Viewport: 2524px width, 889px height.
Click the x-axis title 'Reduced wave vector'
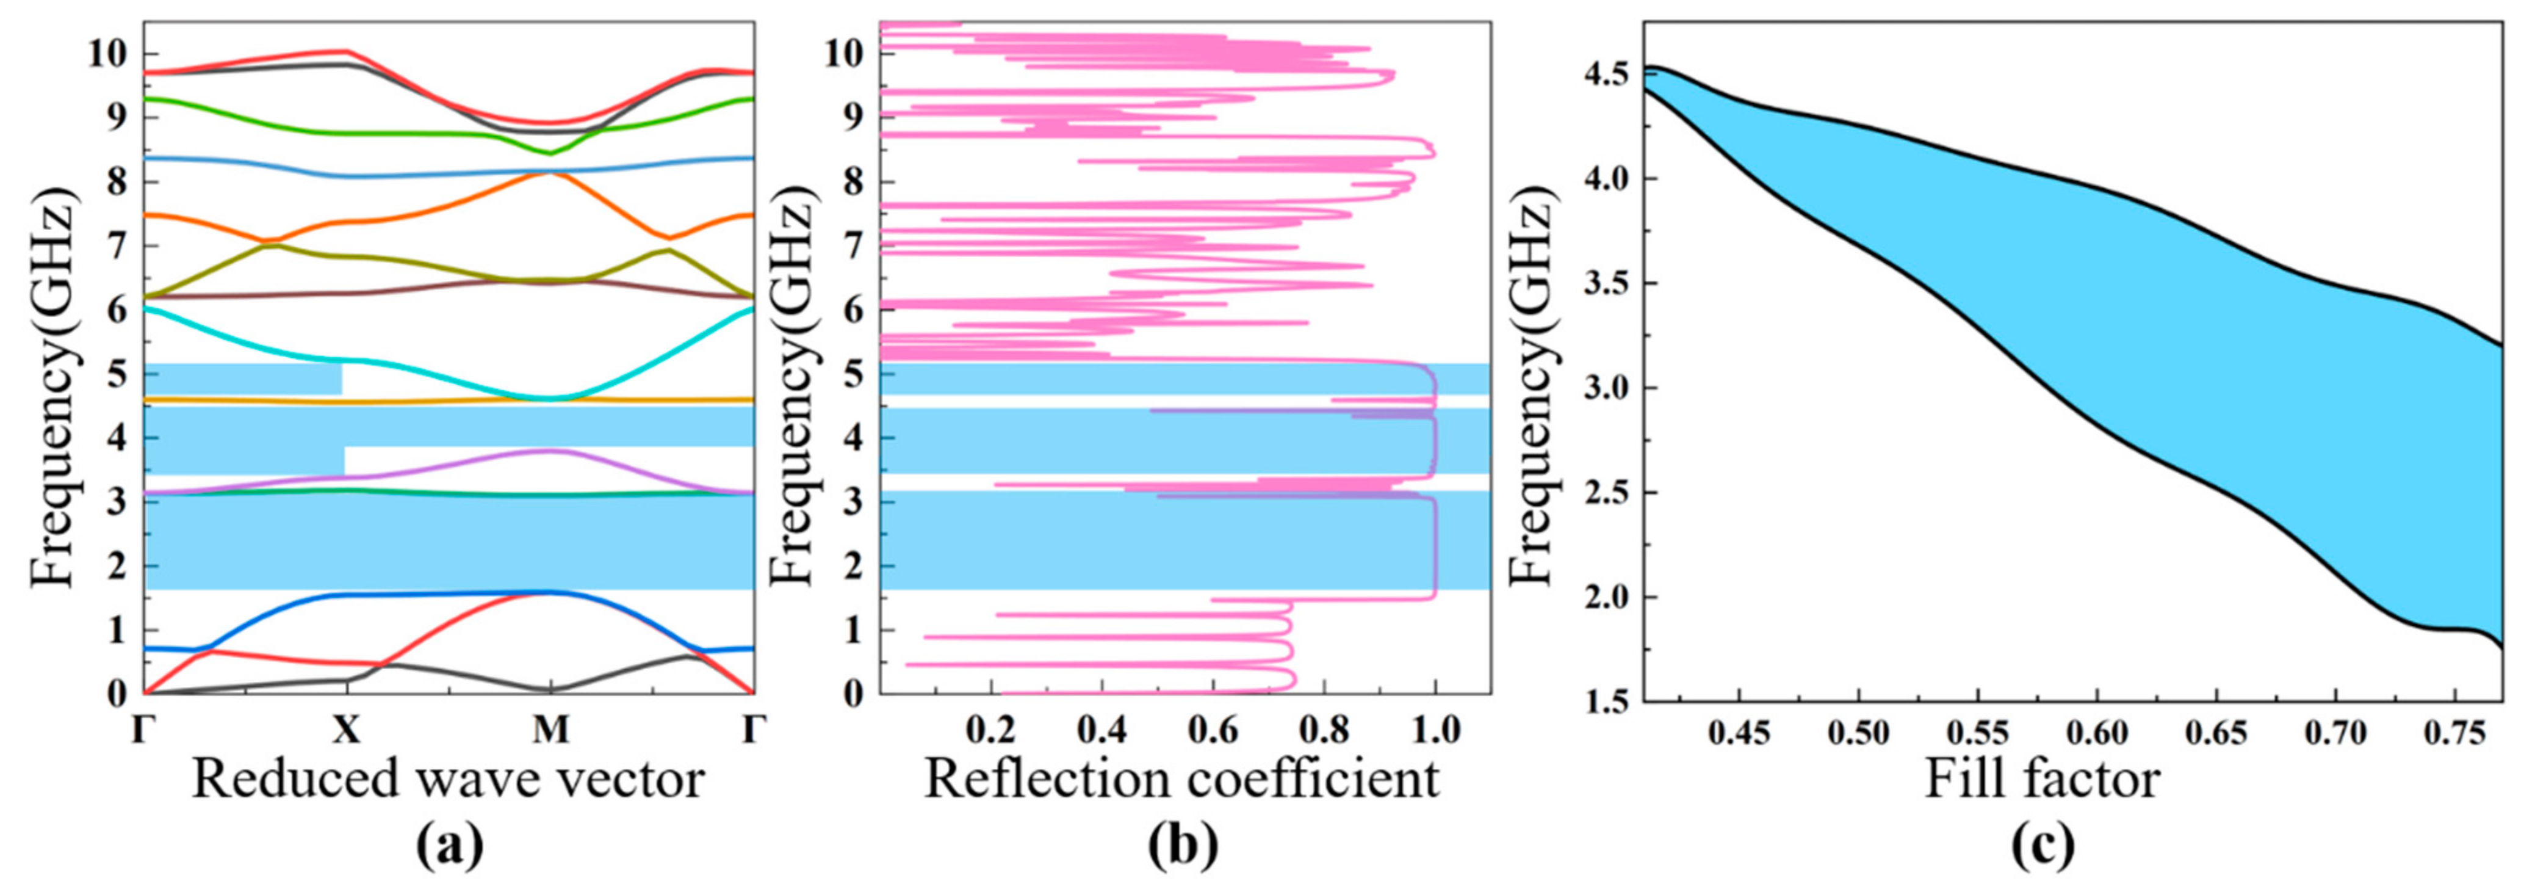pos(448,779)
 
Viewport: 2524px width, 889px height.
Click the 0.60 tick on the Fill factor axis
pos(2096,733)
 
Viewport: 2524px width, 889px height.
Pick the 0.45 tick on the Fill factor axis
pos(1738,733)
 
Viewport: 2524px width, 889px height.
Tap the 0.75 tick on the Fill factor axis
pos(2453,733)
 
